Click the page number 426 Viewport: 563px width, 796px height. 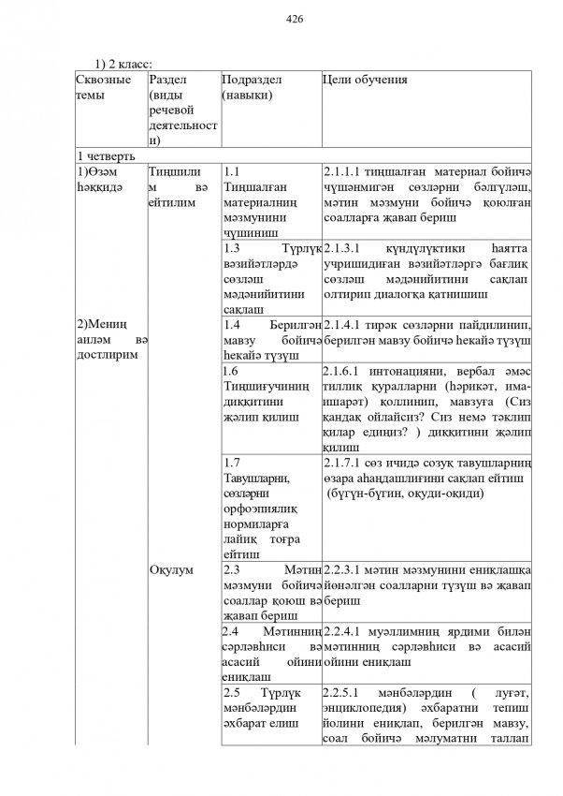click(295, 18)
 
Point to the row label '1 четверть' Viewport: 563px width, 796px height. click(106, 155)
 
